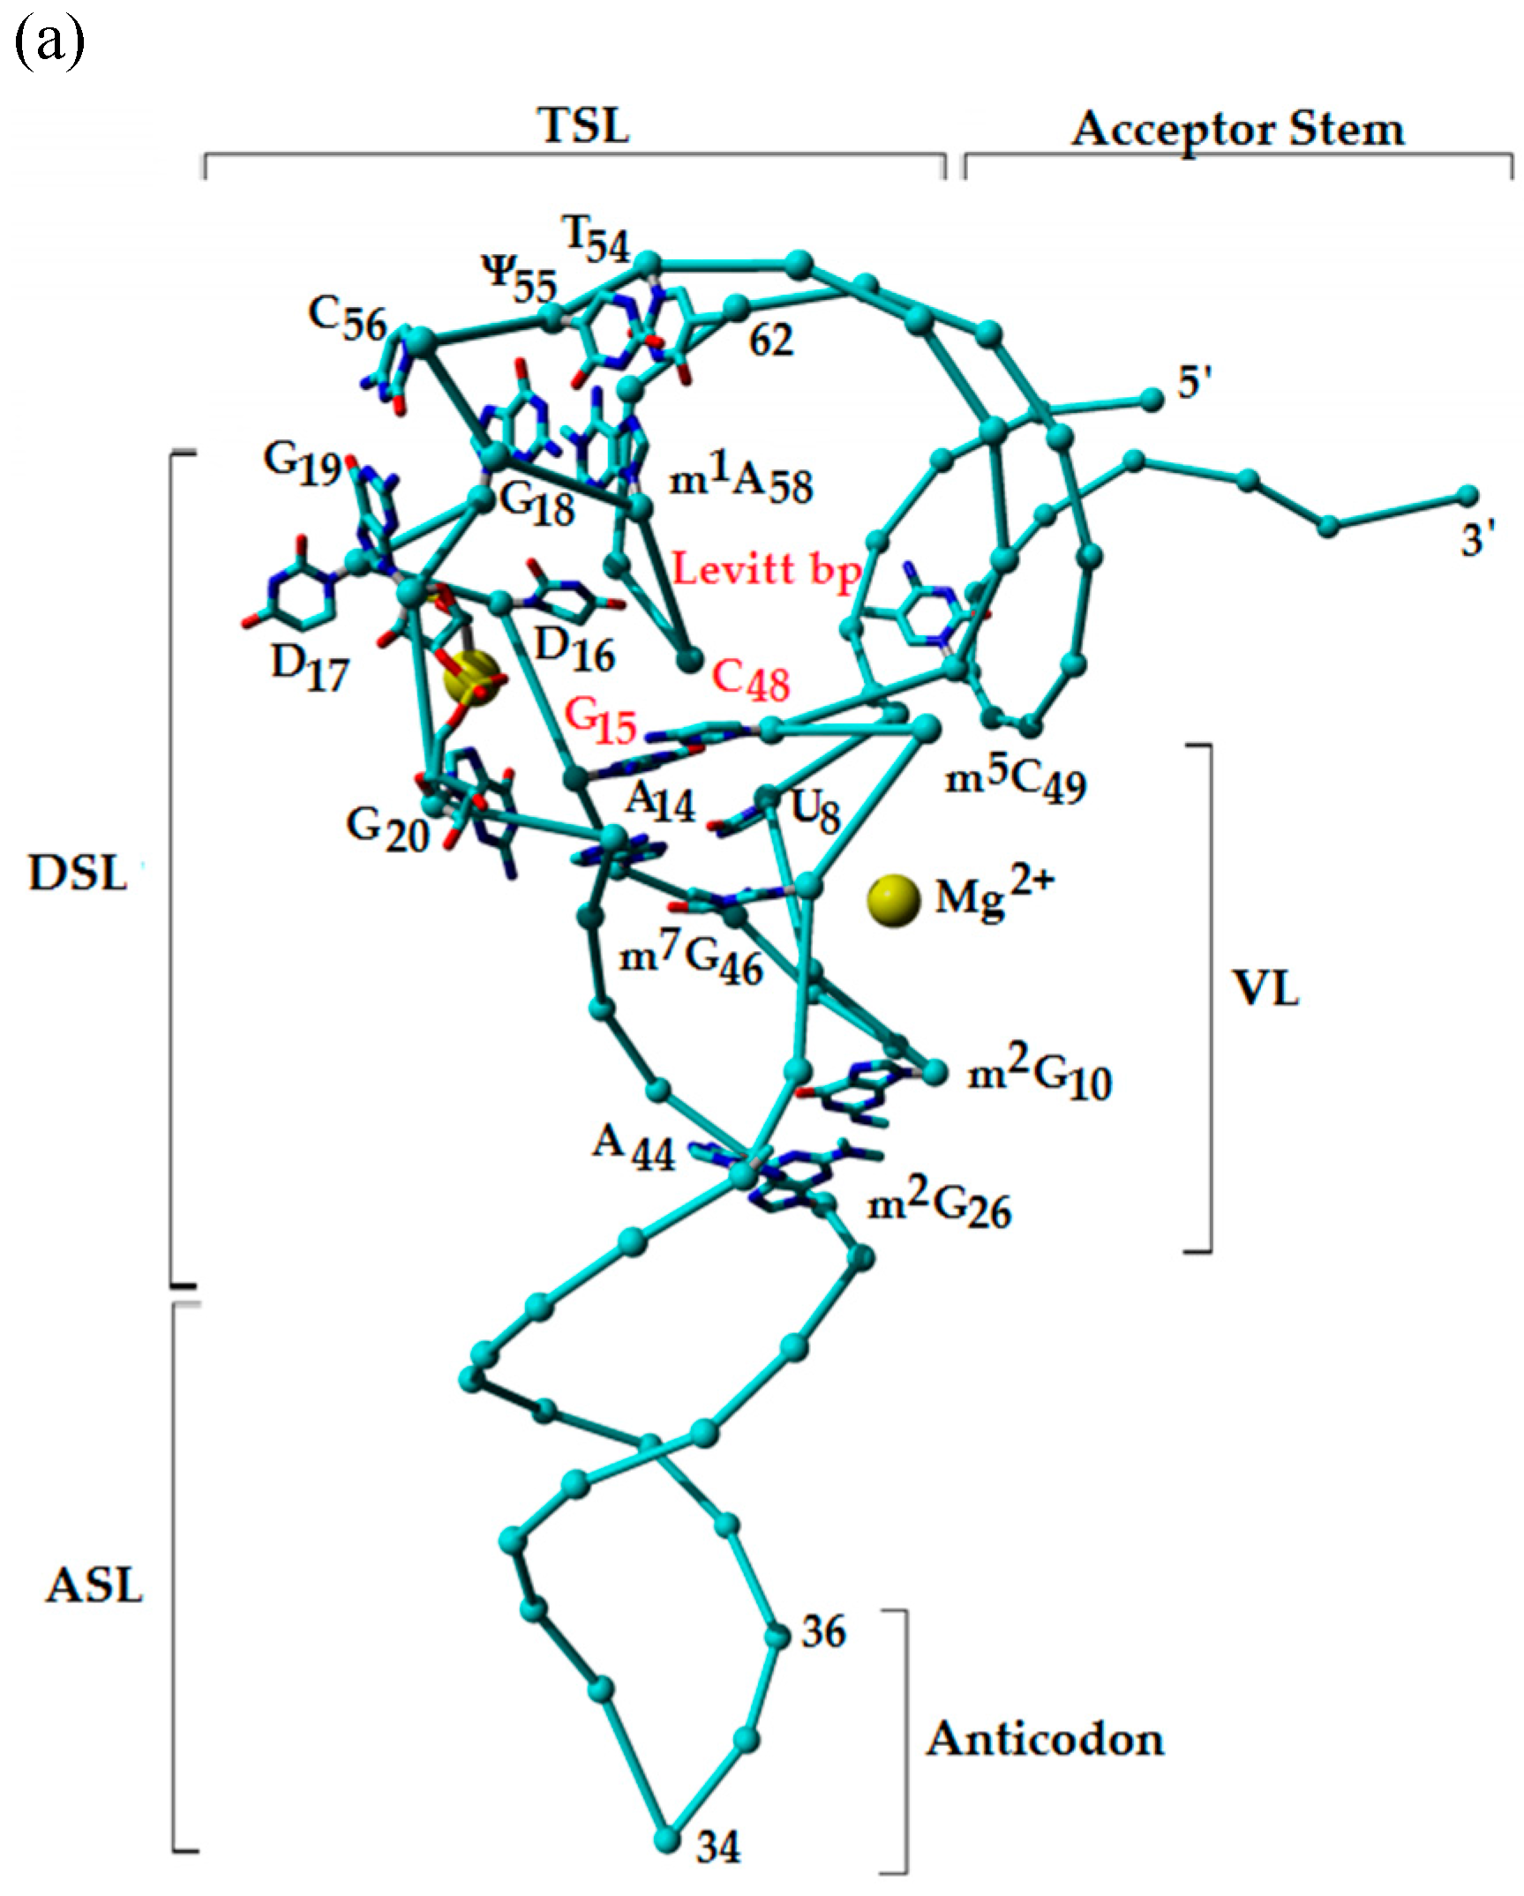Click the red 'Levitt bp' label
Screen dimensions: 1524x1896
point(766,569)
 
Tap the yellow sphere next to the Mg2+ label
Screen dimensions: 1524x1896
point(894,901)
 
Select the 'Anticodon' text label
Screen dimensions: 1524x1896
point(1045,1740)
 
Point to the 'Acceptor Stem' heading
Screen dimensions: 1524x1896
point(1237,130)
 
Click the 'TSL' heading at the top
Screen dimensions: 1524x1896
point(584,126)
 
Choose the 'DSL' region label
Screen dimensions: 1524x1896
point(78,874)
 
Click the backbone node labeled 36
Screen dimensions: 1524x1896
point(777,1636)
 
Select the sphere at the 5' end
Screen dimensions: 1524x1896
point(1152,399)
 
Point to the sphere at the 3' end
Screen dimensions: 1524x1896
point(1467,494)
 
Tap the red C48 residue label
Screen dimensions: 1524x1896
point(751,681)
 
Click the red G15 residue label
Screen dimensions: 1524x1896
point(600,721)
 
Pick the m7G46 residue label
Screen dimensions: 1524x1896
point(691,960)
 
